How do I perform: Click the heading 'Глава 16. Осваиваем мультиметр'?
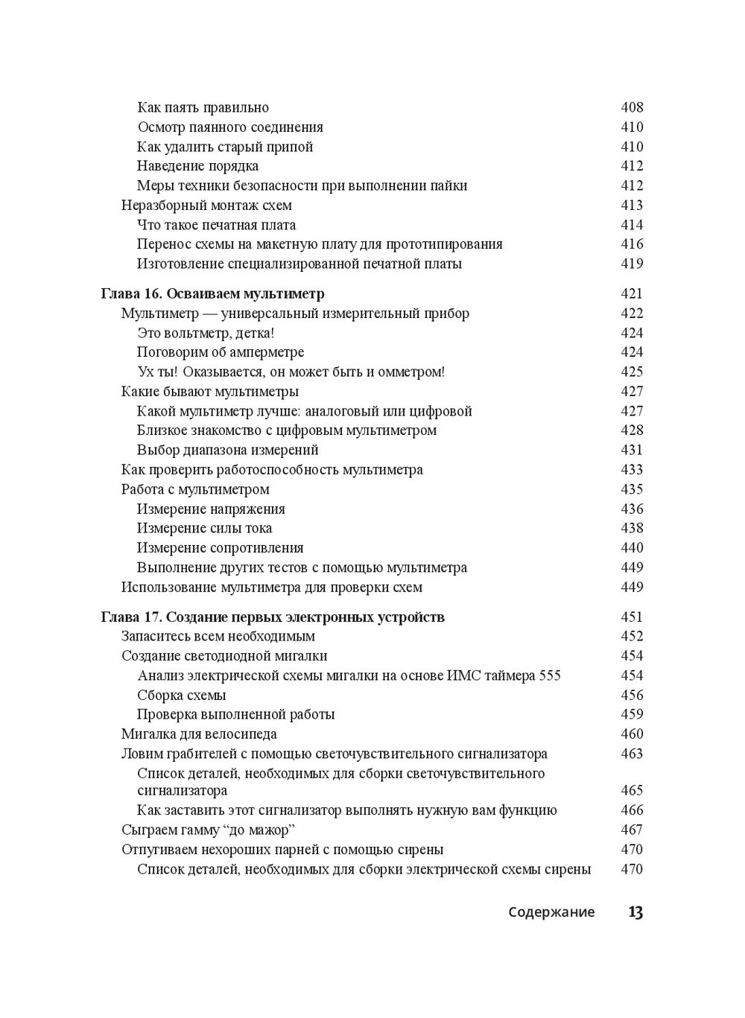213,293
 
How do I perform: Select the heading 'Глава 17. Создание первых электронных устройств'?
273,617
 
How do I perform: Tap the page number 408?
632,107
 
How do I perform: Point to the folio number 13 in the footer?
635,912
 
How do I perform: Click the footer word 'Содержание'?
551,912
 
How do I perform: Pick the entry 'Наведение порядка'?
198,166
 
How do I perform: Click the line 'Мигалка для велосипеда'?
199,734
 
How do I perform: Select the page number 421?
632,293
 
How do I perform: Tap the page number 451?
632,617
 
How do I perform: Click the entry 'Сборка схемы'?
182,695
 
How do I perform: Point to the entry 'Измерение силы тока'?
205,528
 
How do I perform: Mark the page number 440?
632,547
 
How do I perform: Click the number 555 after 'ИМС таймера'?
548,675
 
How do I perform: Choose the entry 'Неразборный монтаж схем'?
206,206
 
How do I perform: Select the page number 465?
632,790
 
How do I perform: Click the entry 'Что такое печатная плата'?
217,225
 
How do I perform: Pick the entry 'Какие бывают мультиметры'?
210,392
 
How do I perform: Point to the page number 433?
632,470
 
